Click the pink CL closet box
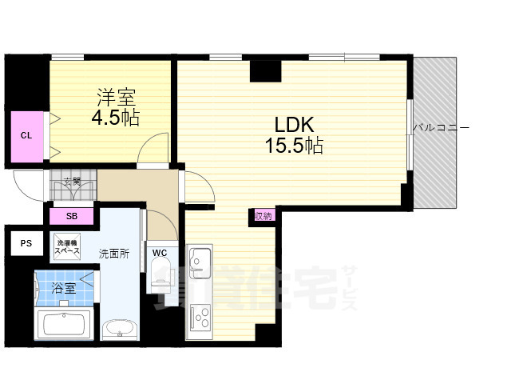coord(26,135)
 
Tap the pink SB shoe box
coord(71,216)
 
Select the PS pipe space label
coord(26,244)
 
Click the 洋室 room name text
coord(117,98)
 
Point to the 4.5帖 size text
coord(117,118)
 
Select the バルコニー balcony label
coord(441,127)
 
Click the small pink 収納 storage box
coord(263,215)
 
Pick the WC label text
coord(160,253)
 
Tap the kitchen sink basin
coord(200,261)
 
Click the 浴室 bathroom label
coord(64,288)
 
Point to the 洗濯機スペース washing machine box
coord(67,246)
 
